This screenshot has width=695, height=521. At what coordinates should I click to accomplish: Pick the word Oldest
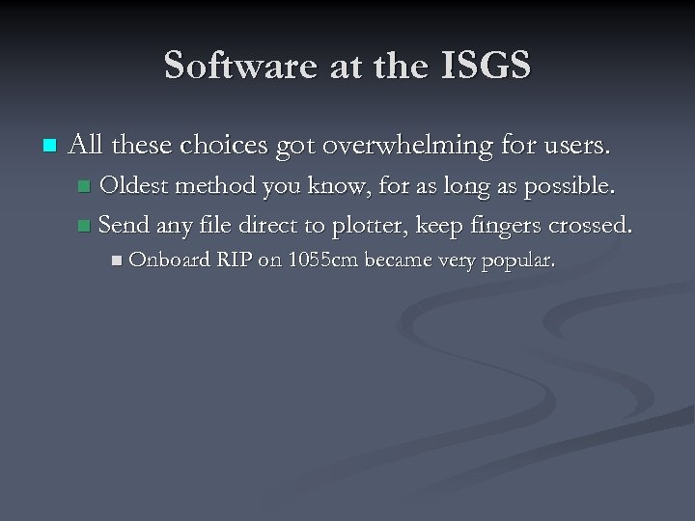[x=134, y=185]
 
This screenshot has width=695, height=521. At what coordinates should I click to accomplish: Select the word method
[x=214, y=185]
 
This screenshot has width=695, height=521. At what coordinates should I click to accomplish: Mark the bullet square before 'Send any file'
[x=84, y=227]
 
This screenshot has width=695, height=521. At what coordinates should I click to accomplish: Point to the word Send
[x=122, y=226]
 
